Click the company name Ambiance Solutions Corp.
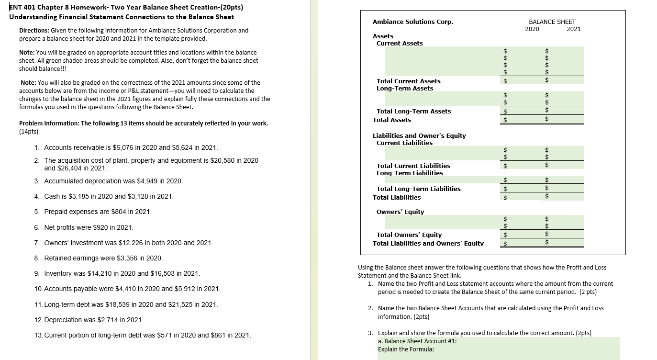[412, 22]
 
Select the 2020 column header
[532, 29]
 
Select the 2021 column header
[573, 29]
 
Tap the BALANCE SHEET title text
[552, 22]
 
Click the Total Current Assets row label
[408, 81]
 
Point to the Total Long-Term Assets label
[413, 111]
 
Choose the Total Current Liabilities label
[413, 166]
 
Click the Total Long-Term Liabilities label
[418, 189]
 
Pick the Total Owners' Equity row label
[409, 235]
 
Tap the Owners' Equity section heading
[400, 212]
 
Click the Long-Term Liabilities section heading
[410, 173]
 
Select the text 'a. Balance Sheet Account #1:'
[417, 341]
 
